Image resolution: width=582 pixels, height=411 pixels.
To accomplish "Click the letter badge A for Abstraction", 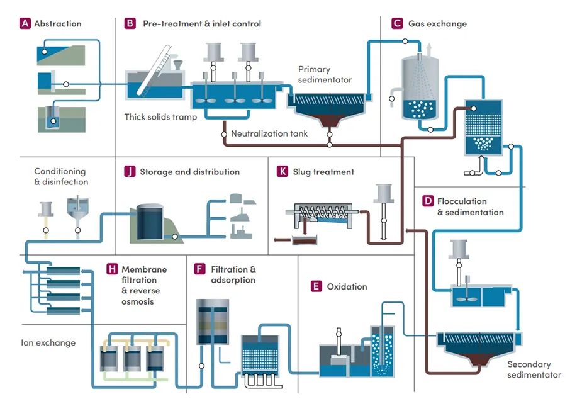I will point(25,24).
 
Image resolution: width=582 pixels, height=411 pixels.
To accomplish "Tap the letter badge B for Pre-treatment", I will point(130,24).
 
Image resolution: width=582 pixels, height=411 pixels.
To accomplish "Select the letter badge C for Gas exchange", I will point(396,24).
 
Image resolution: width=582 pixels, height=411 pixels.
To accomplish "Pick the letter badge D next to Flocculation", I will point(428,201).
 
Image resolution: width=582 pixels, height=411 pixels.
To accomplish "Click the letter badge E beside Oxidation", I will point(316,286).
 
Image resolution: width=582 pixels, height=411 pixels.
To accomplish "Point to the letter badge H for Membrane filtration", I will point(112,269).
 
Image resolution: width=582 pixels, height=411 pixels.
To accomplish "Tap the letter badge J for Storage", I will point(130,172).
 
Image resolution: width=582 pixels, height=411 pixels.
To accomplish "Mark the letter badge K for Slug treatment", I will point(283,172).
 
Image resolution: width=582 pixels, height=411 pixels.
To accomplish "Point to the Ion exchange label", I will point(48,343).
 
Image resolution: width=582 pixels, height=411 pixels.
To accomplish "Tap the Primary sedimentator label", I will point(325,74).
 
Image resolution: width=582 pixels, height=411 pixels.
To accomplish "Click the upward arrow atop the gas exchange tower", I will point(428,48).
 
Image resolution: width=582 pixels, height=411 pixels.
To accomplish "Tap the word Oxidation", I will point(347,286).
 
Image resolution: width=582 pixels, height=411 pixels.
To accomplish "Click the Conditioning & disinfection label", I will point(61,176).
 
